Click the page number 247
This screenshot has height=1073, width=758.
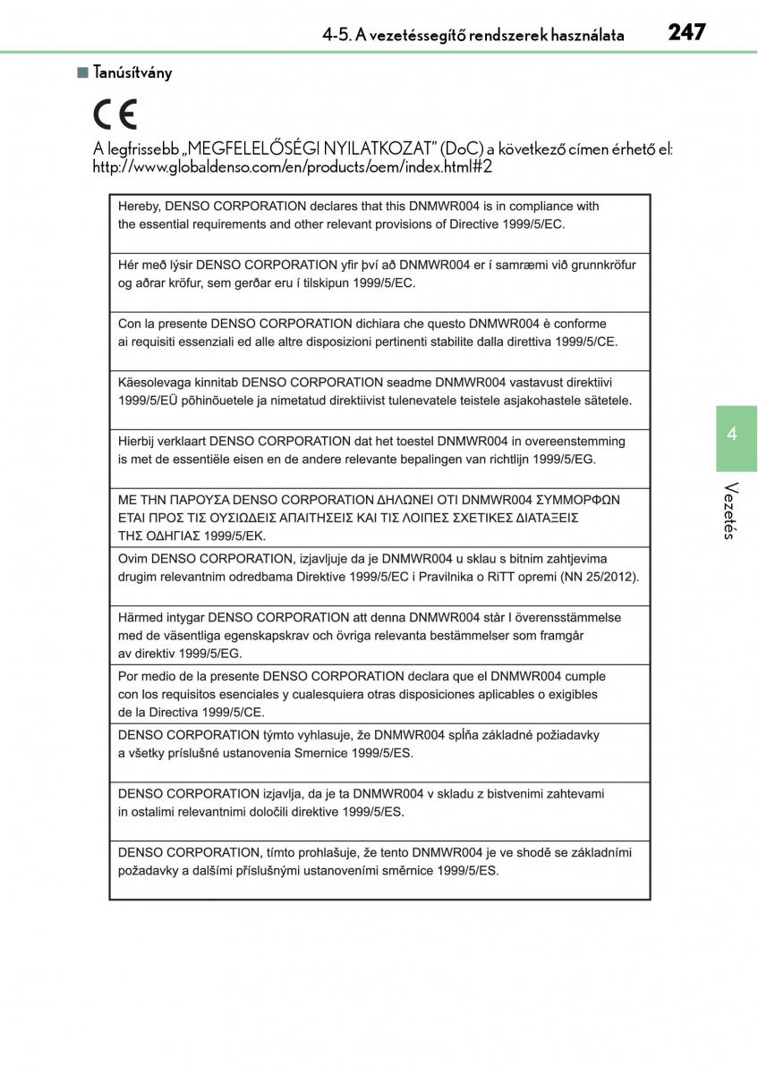click(686, 33)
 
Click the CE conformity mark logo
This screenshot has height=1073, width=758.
click(115, 116)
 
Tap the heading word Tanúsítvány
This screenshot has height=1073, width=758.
click(132, 72)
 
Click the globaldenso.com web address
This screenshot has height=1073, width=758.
click(293, 166)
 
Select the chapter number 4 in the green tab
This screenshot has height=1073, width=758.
click(732, 435)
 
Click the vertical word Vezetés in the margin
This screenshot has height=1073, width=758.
click(731, 511)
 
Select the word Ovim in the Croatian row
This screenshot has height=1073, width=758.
click(132, 559)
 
